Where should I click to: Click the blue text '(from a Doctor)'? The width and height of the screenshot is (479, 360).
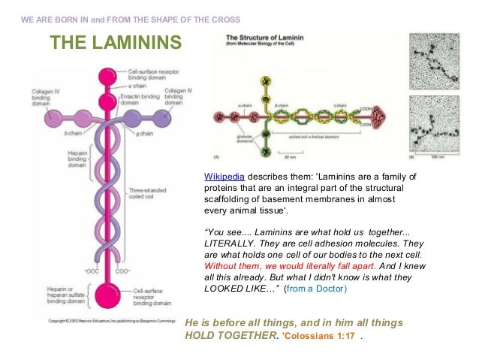point(315,289)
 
